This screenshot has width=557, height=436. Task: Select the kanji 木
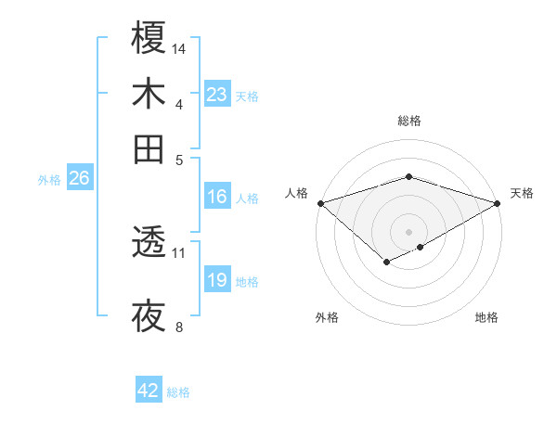click(149, 94)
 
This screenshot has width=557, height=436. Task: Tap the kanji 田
click(149, 149)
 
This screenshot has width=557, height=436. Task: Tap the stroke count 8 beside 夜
click(179, 327)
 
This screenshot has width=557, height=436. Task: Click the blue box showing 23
click(217, 95)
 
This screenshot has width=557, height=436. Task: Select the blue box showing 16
click(217, 197)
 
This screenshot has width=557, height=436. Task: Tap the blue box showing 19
click(217, 280)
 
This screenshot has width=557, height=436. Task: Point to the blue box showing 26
click(79, 178)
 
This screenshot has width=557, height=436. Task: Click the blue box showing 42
click(149, 391)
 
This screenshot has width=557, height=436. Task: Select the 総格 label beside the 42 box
click(178, 392)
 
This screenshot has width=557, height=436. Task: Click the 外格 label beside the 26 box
click(48, 180)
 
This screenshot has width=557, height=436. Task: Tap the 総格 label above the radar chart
click(408, 122)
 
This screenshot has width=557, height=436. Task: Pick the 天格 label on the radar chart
click(522, 193)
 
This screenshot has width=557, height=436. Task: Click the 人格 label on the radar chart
click(297, 193)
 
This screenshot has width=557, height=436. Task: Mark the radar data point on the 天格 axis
click(499, 203)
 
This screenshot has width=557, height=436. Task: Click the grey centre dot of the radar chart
click(408, 231)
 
